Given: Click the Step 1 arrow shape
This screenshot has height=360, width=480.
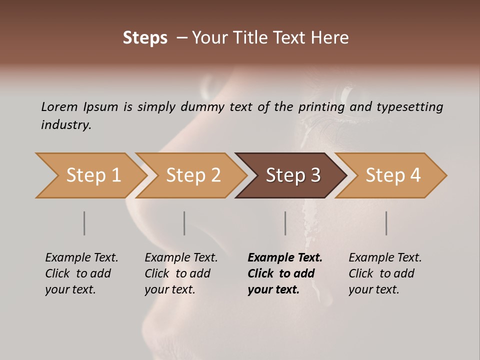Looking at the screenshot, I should tap(90, 175).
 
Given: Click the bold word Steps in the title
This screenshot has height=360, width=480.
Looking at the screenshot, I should tap(145, 38).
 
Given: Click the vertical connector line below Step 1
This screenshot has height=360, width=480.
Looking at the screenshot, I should tap(84, 223).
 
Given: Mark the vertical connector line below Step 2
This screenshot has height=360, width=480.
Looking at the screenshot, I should tap(184, 223).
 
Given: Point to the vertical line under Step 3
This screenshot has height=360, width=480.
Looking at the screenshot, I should tap(285, 223).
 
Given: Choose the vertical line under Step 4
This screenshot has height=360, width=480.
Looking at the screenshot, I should tap(386, 223).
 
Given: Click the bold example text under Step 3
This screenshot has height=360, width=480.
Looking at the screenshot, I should tap(285, 273).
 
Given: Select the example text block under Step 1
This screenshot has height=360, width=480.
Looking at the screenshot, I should tap(81, 273).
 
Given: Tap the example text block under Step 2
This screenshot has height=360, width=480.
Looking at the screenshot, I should tap(181, 273).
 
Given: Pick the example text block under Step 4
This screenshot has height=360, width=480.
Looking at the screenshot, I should tap(385, 273).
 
